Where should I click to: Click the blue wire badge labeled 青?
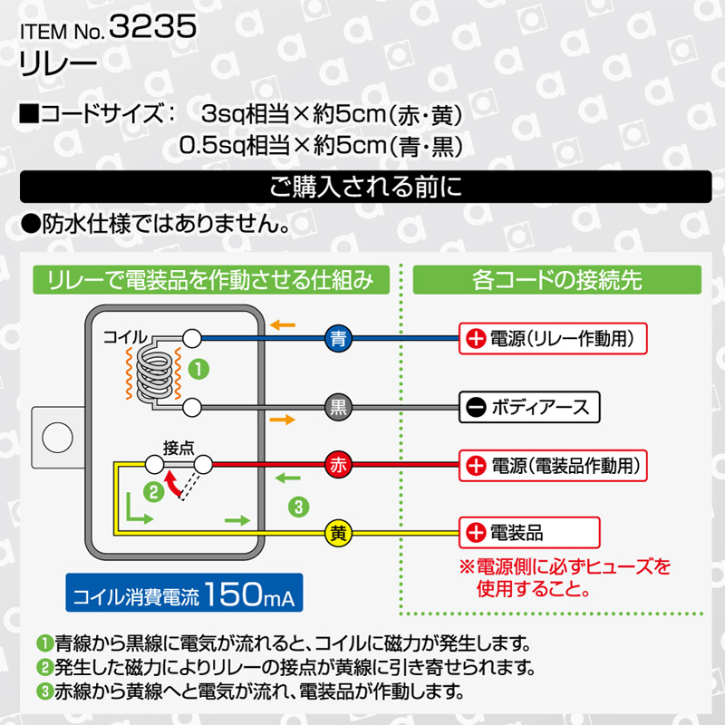pos(338,338)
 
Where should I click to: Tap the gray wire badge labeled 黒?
pos(338,407)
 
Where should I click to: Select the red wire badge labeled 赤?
pos(338,465)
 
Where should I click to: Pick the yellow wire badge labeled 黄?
pos(338,533)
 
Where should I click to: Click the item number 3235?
pos(153,26)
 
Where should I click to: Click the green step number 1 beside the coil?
pos(198,370)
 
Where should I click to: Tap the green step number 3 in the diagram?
pos(298,507)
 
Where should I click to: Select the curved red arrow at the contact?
pos(173,484)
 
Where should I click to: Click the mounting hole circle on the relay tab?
pos(57,437)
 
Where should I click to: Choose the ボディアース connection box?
pos(529,407)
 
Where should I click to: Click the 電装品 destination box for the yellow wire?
pos(529,533)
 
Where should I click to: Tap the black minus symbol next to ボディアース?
pos(476,407)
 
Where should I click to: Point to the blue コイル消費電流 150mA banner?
pos(184,593)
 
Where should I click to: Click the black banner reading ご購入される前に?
pos(366,187)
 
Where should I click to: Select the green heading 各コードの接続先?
pos(557,280)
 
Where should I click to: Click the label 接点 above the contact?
pos(179,448)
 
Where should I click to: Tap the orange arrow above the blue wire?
pos(283,325)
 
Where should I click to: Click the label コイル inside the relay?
pos(125,336)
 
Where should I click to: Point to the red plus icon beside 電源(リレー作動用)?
pos(476,339)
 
